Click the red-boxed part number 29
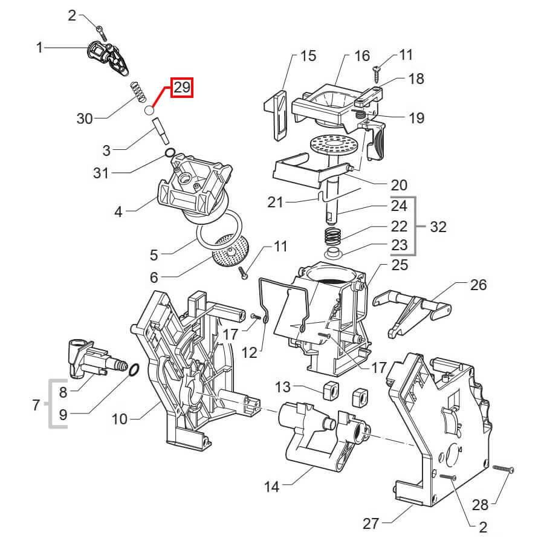pos(182,87)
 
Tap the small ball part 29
pos(149,111)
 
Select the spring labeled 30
pos(138,92)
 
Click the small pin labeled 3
pos(161,131)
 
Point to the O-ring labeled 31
pos(170,153)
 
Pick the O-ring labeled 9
pos(134,370)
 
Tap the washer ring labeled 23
pos(334,253)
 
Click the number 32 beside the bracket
pos(438,227)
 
